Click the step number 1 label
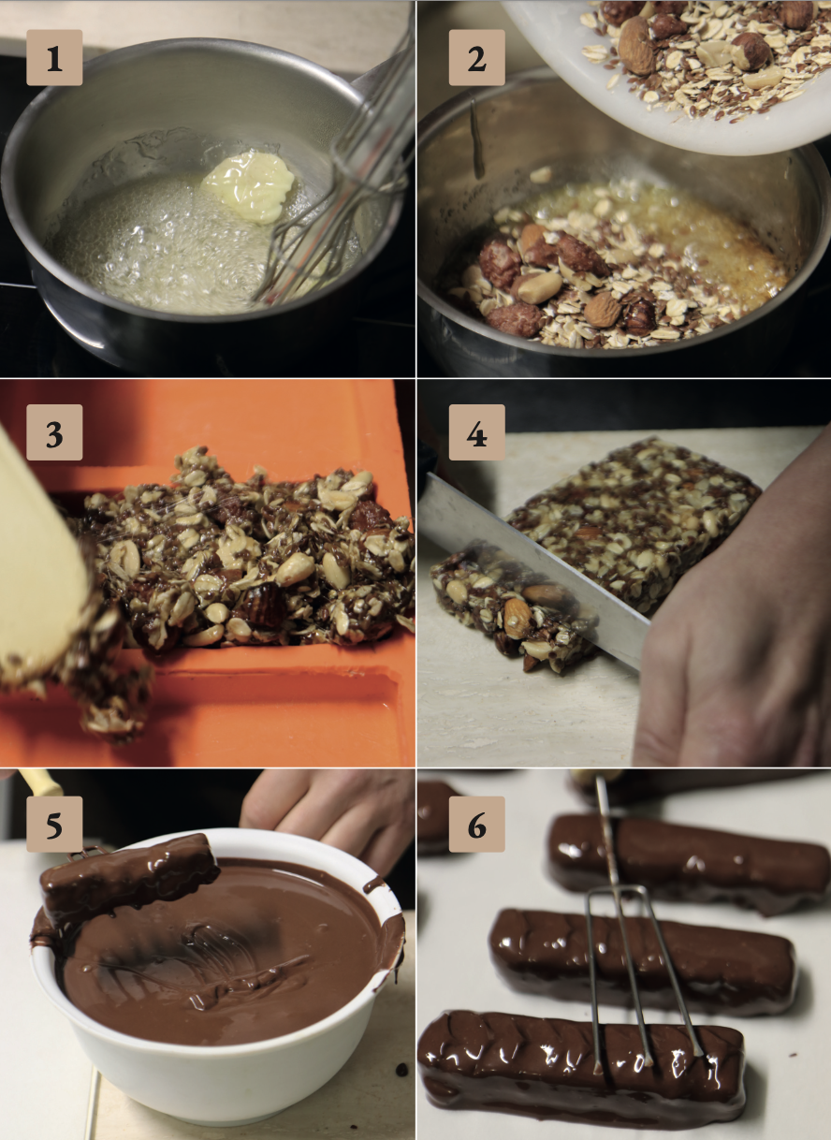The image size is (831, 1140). pyautogui.click(x=54, y=57)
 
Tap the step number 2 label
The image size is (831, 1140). pyautogui.click(x=477, y=57)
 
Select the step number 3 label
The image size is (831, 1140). pyautogui.click(x=54, y=432)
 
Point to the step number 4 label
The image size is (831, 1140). pyautogui.click(x=477, y=432)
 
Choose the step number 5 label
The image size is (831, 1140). pyautogui.click(x=54, y=824)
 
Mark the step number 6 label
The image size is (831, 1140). pyautogui.click(x=477, y=824)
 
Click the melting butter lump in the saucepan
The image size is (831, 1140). pyautogui.click(x=249, y=186)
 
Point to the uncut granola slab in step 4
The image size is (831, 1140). pyautogui.click(x=636, y=524)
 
